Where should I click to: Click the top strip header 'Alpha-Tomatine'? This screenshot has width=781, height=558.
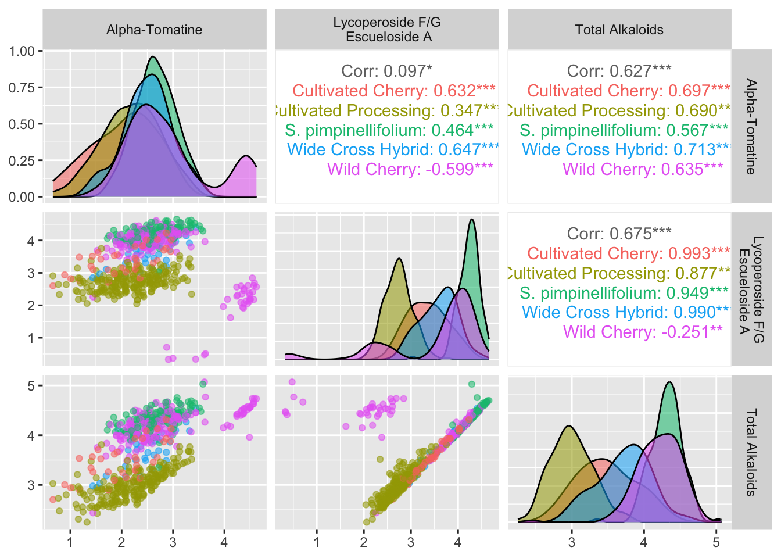tap(154, 30)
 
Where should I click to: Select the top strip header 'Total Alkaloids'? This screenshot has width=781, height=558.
tap(619, 30)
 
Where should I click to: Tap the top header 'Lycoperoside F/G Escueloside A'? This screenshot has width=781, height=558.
tap(387, 30)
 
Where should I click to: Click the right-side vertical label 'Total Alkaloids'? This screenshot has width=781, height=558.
tap(751, 452)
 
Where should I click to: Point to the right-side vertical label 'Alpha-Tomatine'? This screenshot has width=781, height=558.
tap(751, 127)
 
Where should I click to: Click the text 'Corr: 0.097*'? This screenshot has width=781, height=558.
tap(387, 71)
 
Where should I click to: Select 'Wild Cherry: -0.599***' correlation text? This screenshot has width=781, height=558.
tap(410, 169)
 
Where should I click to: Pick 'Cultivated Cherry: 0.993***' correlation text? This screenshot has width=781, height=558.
tap(629, 253)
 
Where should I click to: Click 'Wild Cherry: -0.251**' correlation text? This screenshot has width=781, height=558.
tap(643, 332)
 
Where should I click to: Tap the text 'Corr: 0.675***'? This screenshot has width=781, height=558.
tap(619, 234)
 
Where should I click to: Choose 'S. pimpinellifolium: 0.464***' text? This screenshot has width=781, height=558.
tap(389, 130)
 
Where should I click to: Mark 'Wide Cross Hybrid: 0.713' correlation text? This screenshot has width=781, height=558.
tap(625, 149)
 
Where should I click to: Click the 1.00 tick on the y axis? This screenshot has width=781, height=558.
tap(22, 51)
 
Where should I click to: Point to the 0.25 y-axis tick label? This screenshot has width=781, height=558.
tap(22, 160)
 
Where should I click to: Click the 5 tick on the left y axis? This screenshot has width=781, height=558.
tap(31, 386)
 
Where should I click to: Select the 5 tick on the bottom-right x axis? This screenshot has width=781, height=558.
tap(716, 542)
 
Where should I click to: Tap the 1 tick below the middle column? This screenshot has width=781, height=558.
tap(317, 542)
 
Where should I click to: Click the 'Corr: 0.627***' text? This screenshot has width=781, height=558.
tap(619, 71)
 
